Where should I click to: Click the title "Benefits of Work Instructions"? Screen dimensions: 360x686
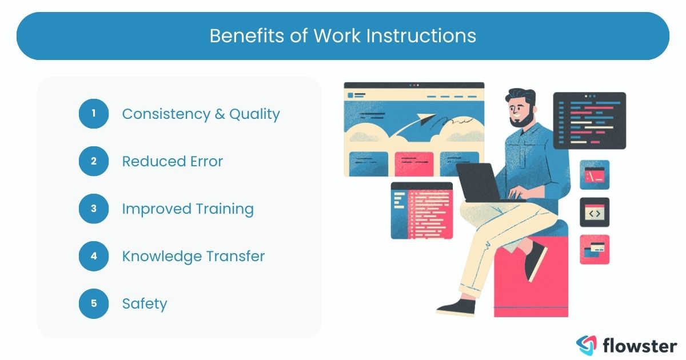pos(342,35)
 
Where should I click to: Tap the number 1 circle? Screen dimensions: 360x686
pos(93,114)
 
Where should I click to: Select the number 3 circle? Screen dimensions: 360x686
pos(93,209)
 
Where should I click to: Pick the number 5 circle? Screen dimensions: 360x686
pos(93,303)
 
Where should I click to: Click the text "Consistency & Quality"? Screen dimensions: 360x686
pos(201,114)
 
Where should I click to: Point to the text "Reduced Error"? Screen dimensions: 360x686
pos(172,161)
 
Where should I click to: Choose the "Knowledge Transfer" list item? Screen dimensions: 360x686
pos(193,256)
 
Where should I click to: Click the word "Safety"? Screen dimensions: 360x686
pos(145,303)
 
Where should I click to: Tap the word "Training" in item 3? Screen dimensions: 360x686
pos(225,209)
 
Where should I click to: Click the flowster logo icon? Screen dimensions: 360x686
pos(586,345)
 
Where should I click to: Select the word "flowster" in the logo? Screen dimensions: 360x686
pos(640,345)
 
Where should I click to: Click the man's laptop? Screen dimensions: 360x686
pos(477,182)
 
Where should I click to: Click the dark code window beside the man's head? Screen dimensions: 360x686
pos(589,121)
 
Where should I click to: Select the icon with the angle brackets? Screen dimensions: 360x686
pos(595,213)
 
